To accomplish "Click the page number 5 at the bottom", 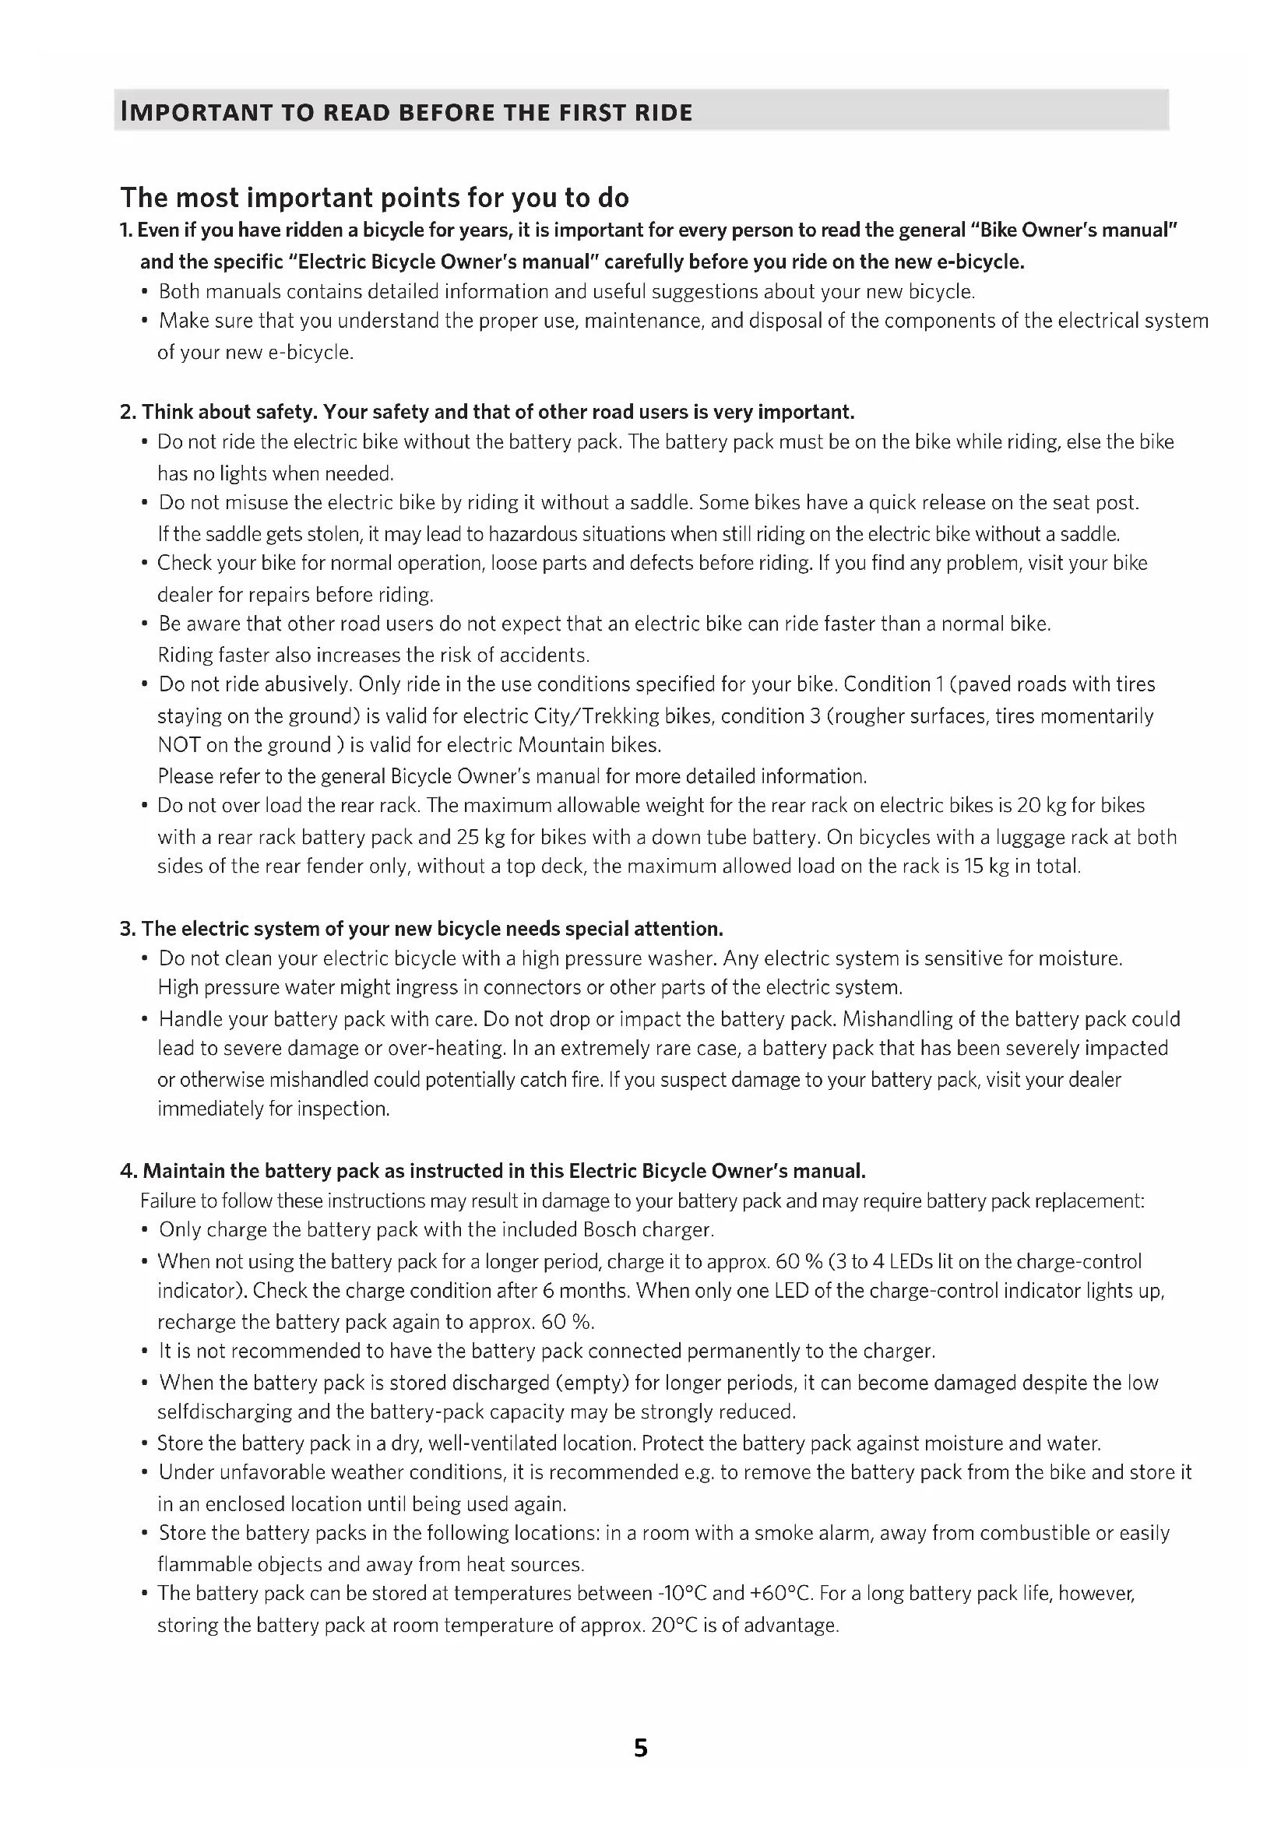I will [x=641, y=1748].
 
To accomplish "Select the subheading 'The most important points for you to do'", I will [x=375, y=198].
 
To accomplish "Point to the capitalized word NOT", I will [x=178, y=746].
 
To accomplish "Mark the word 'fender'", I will [x=335, y=866].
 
